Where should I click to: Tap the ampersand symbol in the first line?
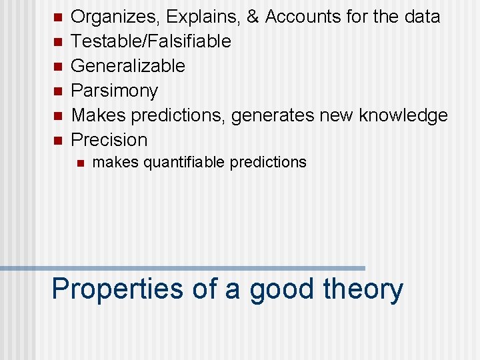click(253, 17)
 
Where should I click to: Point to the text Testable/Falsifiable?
click(151, 41)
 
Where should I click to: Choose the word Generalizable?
click(128, 66)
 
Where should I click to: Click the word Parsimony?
click(114, 91)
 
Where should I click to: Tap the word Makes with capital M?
click(98, 115)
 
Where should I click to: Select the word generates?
click(273, 115)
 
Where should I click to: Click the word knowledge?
click(403, 115)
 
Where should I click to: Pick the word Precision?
click(109, 140)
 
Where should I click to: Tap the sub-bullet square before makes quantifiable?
click(78, 162)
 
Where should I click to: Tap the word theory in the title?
click(363, 289)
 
